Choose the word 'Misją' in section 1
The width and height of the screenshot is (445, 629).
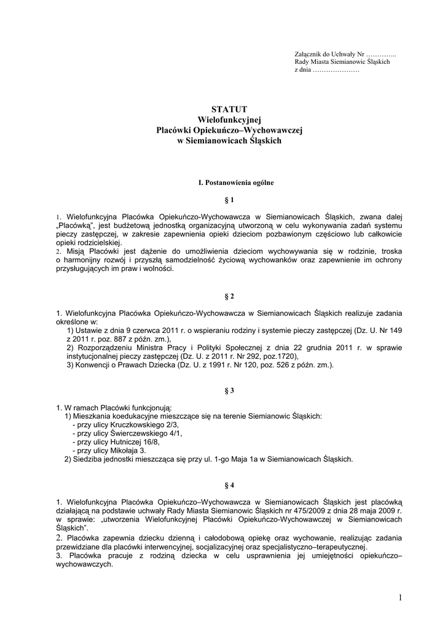[70, 251]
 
